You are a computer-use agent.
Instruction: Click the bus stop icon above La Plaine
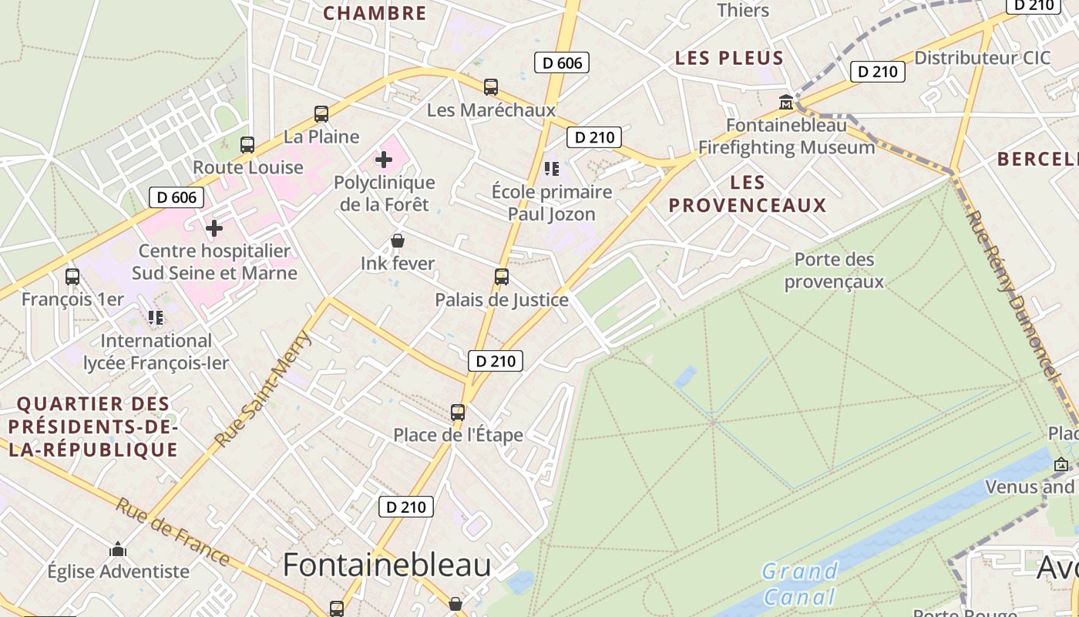(x=321, y=114)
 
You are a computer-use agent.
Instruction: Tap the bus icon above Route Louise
(x=247, y=144)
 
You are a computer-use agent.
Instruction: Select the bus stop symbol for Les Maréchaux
(x=491, y=87)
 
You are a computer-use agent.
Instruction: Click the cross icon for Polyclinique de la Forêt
(x=384, y=160)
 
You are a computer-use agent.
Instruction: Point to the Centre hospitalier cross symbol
(x=214, y=228)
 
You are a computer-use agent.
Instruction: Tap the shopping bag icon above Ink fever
(x=398, y=241)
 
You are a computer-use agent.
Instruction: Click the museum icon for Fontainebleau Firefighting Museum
(x=786, y=102)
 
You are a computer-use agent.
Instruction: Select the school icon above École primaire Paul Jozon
(x=551, y=168)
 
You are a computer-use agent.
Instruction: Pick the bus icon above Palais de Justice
(x=502, y=277)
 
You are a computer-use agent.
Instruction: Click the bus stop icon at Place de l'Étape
(x=458, y=412)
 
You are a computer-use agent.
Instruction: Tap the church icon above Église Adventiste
(x=118, y=549)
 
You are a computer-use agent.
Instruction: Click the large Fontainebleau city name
(x=387, y=565)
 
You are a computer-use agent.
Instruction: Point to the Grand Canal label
(x=799, y=584)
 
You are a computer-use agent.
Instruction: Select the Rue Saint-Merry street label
(x=263, y=389)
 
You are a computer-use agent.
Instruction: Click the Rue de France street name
(x=173, y=531)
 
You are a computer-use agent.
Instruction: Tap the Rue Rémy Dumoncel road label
(x=1009, y=294)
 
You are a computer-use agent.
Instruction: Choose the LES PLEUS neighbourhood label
(x=729, y=58)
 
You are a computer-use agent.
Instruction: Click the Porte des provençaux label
(x=834, y=271)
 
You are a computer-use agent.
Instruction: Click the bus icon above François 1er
(x=72, y=276)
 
